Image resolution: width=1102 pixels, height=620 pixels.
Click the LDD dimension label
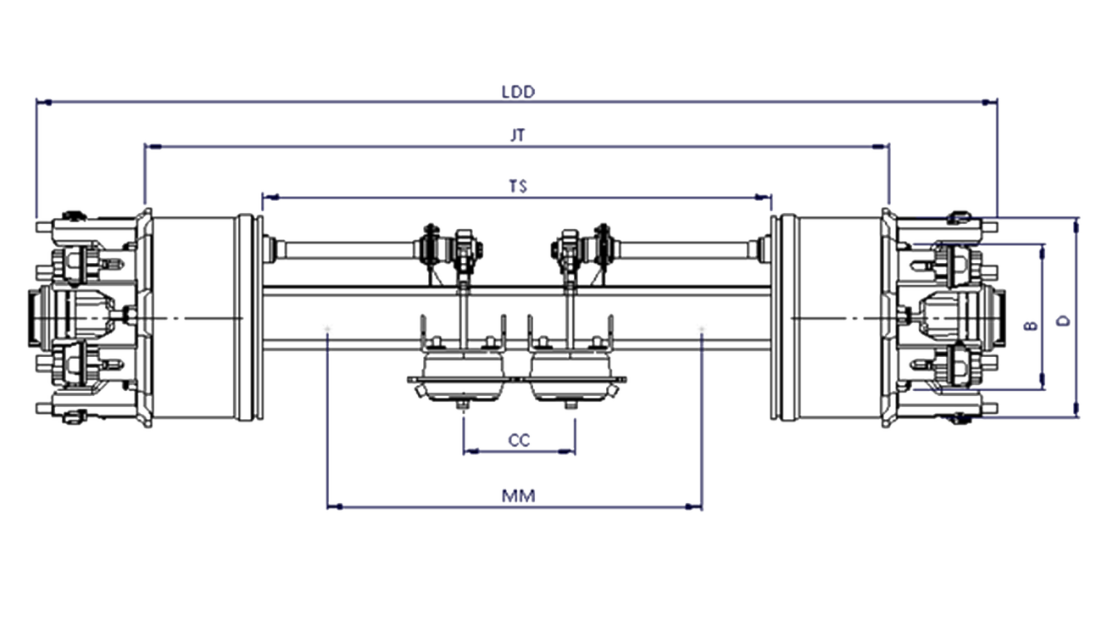518,92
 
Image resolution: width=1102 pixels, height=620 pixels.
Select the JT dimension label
518,135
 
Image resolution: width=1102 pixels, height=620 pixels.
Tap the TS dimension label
518,186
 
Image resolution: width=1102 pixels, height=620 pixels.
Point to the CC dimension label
519,440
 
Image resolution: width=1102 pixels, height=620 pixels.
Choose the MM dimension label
519,495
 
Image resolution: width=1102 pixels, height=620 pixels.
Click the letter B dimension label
1030,325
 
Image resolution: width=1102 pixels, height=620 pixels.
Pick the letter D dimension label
1064,321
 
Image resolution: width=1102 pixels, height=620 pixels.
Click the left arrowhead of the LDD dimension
44,103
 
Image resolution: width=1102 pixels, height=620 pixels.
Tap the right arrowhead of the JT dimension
880,147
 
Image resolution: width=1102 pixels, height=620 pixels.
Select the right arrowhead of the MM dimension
693,506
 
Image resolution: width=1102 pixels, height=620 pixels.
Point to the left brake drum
202,317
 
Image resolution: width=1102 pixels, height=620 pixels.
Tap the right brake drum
832,317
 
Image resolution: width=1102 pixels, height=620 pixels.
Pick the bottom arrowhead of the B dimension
1043,381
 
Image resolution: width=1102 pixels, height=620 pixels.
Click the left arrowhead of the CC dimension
472,451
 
